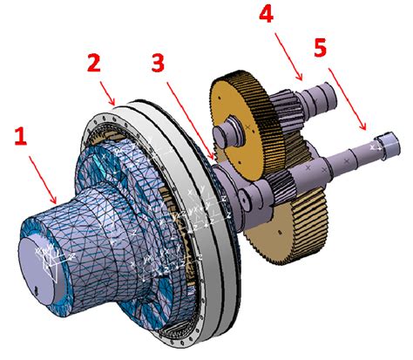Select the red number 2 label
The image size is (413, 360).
tap(95, 64)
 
